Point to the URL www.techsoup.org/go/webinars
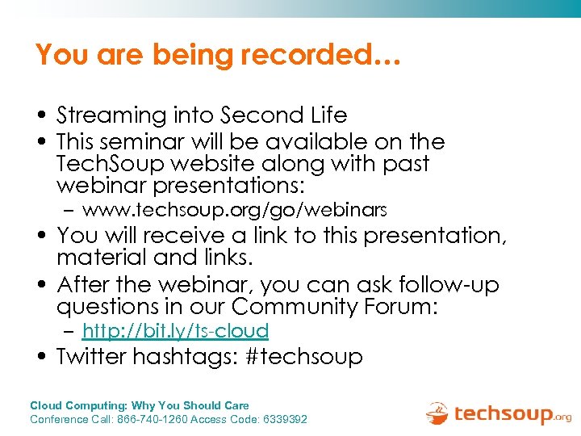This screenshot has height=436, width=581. (235, 211)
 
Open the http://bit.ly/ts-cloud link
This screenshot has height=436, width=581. (175, 330)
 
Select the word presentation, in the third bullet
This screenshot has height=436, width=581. (435, 237)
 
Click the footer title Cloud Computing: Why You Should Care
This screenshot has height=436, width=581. (140, 405)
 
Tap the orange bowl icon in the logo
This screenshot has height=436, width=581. (437, 413)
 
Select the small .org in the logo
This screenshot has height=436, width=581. (562, 417)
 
